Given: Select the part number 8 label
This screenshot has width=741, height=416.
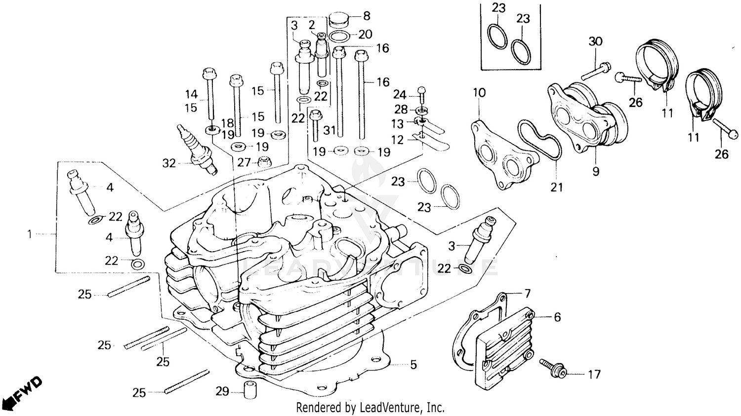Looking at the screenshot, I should (x=367, y=16).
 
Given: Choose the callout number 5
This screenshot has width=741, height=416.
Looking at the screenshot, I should (x=413, y=365).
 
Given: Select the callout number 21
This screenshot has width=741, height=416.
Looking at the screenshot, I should (x=557, y=188).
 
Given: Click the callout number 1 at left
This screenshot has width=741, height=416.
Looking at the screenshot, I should (x=29, y=234).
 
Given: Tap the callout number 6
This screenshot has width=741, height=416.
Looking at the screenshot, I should (x=557, y=317).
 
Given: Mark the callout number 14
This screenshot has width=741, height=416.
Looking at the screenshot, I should (x=191, y=94).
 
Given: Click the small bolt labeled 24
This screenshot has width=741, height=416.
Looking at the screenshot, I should (x=421, y=91).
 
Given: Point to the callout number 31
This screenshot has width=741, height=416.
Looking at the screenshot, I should (x=329, y=130).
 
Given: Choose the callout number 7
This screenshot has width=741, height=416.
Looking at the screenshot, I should (x=527, y=294).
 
